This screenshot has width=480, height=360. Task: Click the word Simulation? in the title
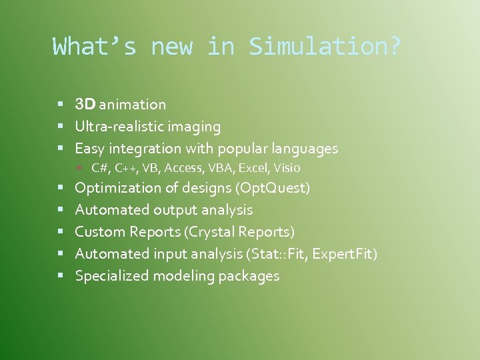(325, 47)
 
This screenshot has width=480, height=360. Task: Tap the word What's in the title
(94, 47)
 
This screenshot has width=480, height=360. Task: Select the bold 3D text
(86, 105)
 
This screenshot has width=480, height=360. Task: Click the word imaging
(194, 127)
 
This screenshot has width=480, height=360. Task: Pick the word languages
(306, 149)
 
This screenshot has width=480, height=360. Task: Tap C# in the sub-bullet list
(99, 168)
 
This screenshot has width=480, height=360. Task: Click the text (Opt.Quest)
(273, 188)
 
